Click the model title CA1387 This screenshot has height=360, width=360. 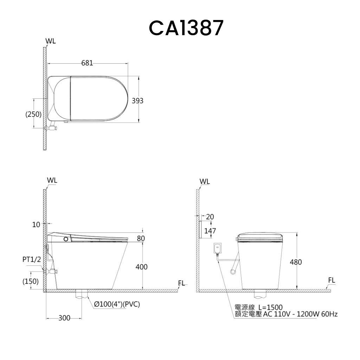coord(186,28)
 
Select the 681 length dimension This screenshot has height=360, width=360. coord(87,63)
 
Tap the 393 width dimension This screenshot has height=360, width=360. coord(137,101)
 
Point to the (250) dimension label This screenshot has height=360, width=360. coord(33,114)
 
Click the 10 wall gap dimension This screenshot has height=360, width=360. coord(36,225)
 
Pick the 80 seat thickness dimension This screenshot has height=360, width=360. coord(141,239)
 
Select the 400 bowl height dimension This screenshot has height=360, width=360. coord(141,267)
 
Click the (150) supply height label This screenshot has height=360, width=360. coord(31,281)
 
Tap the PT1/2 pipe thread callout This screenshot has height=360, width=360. coord(32,259)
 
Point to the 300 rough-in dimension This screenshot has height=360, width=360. coord(64,318)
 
